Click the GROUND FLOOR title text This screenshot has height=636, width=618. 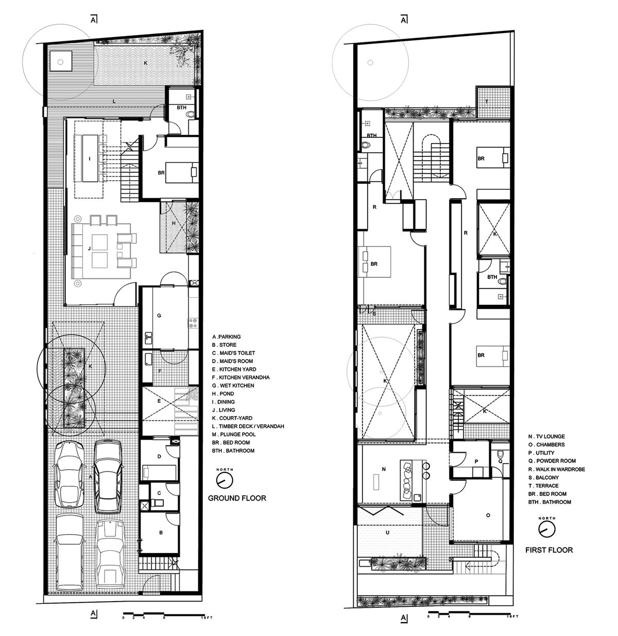click(x=237, y=498)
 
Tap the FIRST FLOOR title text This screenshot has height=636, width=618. click(x=549, y=550)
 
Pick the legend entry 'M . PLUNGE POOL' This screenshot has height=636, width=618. click(x=234, y=434)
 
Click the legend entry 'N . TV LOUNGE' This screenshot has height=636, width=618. click(x=546, y=436)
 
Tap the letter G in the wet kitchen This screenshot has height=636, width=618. click(x=159, y=315)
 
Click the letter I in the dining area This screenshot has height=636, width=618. click(x=90, y=159)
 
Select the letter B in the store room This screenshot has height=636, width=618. click(x=161, y=533)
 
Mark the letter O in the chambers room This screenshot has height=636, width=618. click(x=488, y=515)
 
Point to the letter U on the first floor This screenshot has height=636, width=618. click(x=387, y=533)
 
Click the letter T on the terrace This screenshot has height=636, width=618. click(x=487, y=102)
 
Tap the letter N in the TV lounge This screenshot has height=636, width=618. click(x=384, y=469)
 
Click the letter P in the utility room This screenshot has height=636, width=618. click(x=476, y=462)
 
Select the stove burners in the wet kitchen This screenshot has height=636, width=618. click(x=193, y=323)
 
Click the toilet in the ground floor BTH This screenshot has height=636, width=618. click(x=191, y=114)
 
